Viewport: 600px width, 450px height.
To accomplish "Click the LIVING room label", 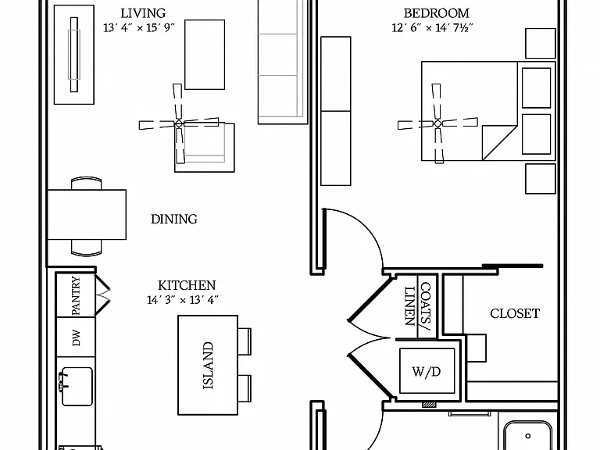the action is point(143,13).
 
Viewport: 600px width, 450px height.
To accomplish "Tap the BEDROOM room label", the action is point(436,13).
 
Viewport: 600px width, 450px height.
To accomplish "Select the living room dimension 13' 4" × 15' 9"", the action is point(139,27).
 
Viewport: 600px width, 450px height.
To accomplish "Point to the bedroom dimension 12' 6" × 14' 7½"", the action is point(432,27).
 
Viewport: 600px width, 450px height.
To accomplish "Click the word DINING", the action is point(174,219).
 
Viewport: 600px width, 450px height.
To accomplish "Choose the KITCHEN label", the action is point(187,285).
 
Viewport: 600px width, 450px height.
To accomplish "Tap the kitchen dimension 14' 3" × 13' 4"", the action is point(183,300).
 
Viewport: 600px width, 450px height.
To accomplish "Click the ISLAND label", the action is point(208,366).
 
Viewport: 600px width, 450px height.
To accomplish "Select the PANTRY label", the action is point(76,296).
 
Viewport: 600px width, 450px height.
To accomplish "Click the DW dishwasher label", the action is point(76,337).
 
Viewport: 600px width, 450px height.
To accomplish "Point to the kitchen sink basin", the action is point(77,387).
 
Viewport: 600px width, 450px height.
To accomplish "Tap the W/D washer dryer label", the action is point(427,371).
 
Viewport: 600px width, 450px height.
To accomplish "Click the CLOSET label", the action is point(515,314).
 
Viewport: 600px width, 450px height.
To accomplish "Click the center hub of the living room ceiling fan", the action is point(179,123).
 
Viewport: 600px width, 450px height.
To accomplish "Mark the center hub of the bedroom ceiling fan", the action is point(437,123).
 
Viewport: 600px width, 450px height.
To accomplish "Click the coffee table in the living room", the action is point(205,55).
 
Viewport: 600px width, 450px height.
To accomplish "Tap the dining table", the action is point(87,215).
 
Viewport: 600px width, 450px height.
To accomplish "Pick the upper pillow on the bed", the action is point(536,88).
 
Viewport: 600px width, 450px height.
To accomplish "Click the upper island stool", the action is point(245,341).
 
